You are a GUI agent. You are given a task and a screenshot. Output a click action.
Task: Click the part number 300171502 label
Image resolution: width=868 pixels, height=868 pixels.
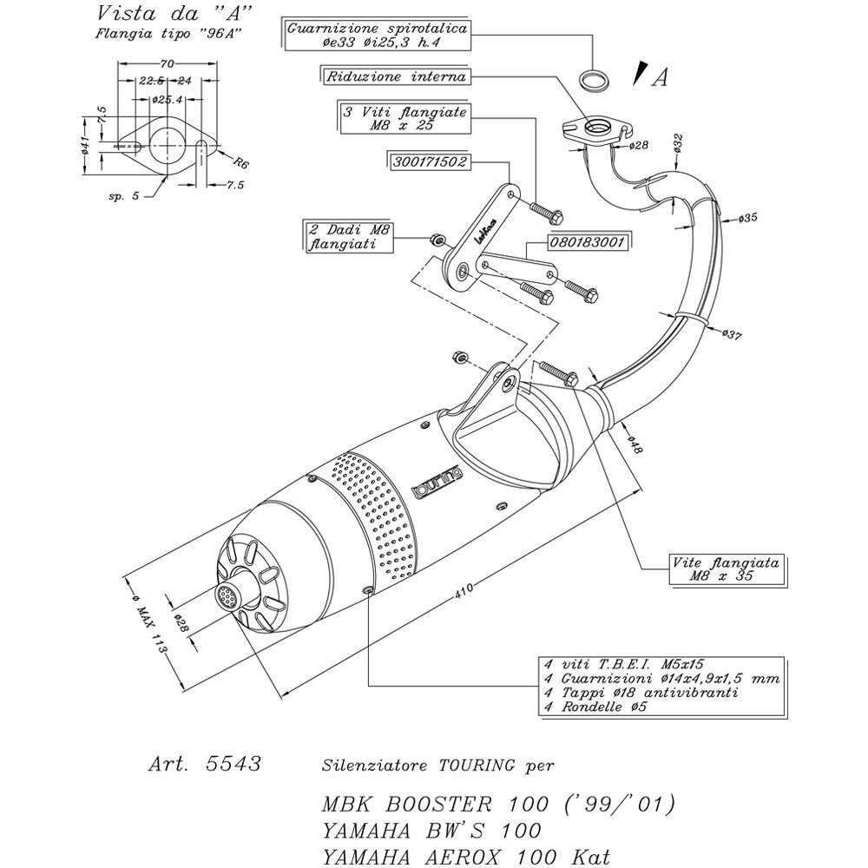click(430, 162)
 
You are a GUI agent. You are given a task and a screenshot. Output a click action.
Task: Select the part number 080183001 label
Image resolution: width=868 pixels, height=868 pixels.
click(588, 242)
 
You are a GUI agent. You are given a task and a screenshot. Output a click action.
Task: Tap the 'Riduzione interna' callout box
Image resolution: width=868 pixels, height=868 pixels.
click(396, 76)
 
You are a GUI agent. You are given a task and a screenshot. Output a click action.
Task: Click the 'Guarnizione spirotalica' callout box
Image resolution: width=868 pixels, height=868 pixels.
click(377, 36)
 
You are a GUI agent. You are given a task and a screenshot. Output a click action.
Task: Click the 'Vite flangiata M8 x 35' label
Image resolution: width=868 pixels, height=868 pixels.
click(726, 569)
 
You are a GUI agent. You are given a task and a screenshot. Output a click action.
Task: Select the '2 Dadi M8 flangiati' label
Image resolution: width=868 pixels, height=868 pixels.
click(349, 236)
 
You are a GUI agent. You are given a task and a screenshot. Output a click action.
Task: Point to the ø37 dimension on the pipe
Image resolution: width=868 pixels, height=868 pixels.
click(733, 334)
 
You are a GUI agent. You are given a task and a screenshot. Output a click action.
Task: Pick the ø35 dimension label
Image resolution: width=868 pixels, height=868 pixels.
click(748, 218)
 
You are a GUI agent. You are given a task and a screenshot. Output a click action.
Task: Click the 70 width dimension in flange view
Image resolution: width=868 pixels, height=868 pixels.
click(167, 63)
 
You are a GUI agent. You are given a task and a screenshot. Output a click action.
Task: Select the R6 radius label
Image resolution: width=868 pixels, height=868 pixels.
click(241, 162)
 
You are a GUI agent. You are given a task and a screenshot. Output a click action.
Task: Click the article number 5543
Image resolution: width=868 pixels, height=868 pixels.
click(233, 763)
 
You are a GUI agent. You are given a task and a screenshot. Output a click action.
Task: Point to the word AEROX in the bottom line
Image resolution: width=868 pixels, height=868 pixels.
click(464, 857)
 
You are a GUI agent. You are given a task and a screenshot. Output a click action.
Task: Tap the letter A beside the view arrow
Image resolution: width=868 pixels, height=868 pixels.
click(660, 77)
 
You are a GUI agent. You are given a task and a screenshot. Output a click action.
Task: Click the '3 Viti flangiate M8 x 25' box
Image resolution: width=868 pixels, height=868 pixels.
click(404, 117)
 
